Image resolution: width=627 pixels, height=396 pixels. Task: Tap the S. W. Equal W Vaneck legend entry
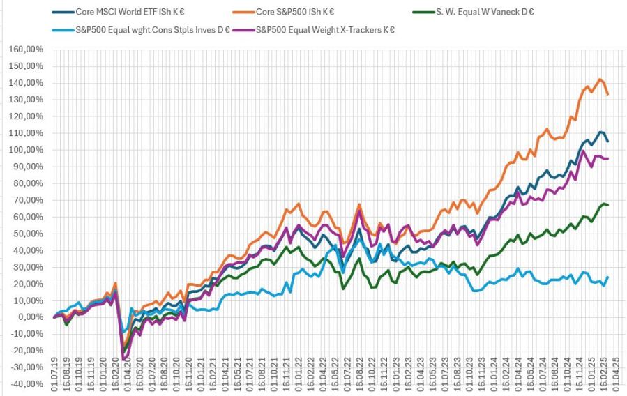tap(471, 12)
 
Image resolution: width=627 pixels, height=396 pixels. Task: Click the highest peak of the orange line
tap(600, 79)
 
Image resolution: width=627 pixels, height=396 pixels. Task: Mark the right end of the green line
tap(608, 205)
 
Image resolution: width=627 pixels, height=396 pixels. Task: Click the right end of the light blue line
tap(608, 277)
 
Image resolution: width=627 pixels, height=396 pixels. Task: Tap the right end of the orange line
tap(608, 94)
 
